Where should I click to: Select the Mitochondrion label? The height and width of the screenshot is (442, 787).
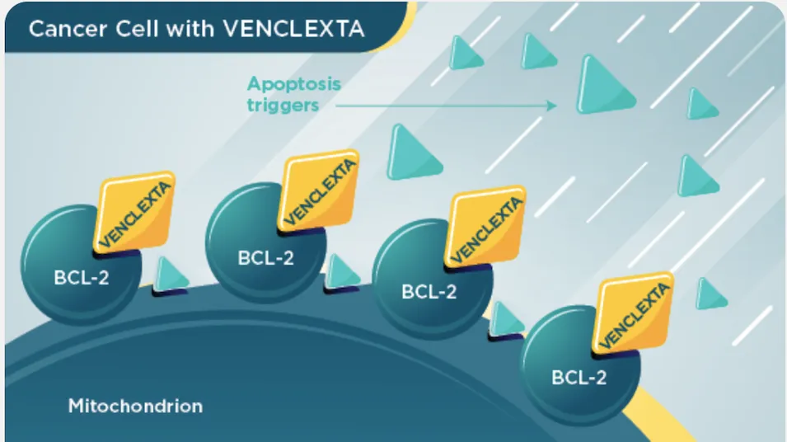(x=135, y=406)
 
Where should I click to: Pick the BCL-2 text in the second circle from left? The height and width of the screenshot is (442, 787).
(x=265, y=257)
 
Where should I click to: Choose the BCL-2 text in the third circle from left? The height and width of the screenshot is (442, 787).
(x=429, y=291)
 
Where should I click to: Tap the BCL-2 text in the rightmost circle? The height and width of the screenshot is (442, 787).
(x=579, y=377)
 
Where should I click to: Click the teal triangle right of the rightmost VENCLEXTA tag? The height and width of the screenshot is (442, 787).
(x=710, y=294)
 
